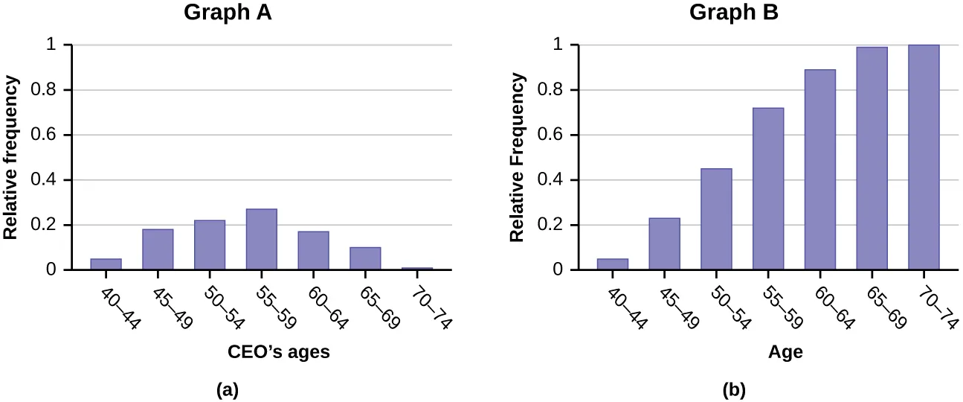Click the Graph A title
click(228, 14)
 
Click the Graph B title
click(734, 13)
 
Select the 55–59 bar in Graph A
click(262, 239)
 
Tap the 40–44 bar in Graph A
click(106, 264)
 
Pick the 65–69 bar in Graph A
click(365, 258)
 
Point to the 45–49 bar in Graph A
click(158, 249)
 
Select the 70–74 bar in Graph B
click(924, 157)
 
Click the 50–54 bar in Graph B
click(716, 219)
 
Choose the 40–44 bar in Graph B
click(613, 264)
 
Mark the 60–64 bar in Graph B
click(820, 169)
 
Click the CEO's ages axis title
click(278, 352)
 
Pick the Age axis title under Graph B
click(785, 352)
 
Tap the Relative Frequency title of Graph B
click(518, 156)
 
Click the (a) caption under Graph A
click(227, 389)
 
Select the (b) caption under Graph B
click(733, 389)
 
